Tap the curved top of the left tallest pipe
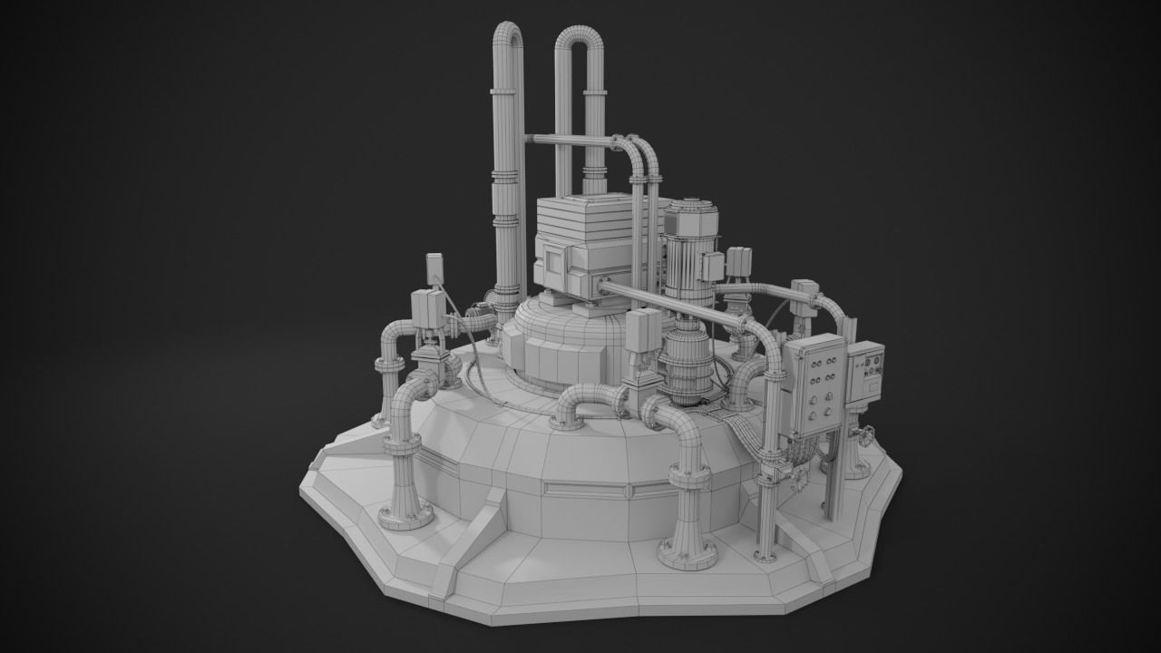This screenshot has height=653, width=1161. [509, 34]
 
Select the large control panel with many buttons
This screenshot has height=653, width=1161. [814, 385]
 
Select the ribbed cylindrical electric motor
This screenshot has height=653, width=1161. [691, 258]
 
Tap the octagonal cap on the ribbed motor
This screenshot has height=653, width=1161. [691, 211]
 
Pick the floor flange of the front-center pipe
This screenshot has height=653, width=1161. [687, 554]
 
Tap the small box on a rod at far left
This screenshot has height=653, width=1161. [434, 267]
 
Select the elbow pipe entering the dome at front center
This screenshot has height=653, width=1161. [585, 404]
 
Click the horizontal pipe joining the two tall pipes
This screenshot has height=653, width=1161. [571, 141]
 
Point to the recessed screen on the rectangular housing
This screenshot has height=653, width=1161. [552, 271]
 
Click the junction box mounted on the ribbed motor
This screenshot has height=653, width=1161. [714, 266]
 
